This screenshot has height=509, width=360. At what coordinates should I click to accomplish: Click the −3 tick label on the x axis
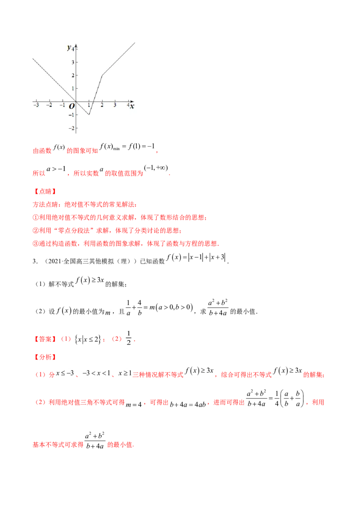coord(36,105)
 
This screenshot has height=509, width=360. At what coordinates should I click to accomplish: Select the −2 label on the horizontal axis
coord(49,105)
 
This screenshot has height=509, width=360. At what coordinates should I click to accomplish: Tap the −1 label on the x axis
coord(62,105)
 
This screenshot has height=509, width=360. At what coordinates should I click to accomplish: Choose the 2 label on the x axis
coord(102,105)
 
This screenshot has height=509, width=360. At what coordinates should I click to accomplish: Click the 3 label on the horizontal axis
coord(115,105)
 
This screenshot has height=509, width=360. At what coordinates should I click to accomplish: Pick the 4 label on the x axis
coord(128,105)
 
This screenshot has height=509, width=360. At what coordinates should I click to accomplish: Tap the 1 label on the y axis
coord(72,89)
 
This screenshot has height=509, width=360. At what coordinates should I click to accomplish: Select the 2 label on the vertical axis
coord(72,76)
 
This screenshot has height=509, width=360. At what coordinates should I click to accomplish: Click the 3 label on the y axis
coord(72,62)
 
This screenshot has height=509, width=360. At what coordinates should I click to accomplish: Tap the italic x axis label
coord(132,106)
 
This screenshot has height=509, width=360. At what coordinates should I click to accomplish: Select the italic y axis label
coord(69,47)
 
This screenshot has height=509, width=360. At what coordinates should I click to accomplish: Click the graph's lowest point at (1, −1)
coord(89,115)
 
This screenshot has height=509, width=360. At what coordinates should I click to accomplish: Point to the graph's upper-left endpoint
coord(31,58)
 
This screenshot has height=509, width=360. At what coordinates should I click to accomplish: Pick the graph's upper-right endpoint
coord(135,41)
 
